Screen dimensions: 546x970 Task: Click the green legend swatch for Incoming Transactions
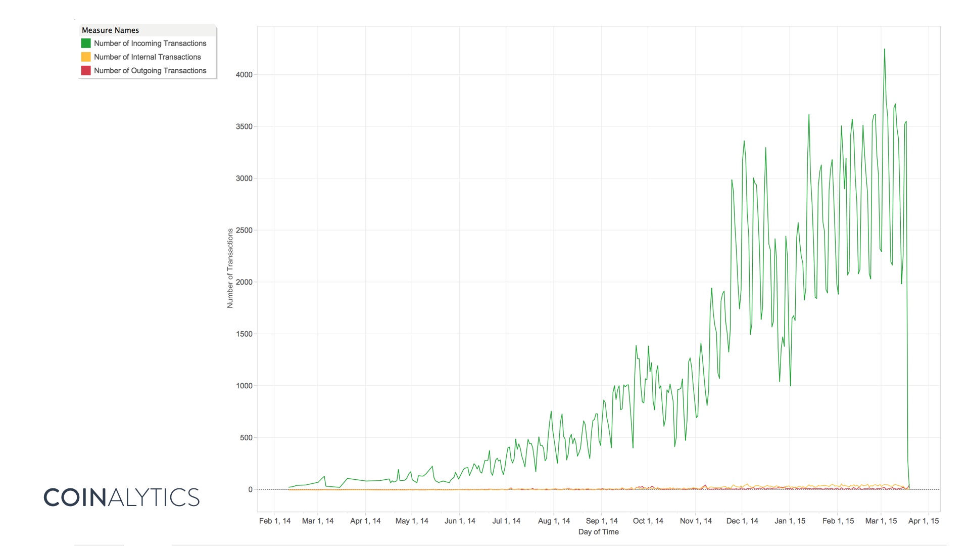[x=86, y=43]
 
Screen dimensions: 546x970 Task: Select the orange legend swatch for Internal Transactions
[x=86, y=57]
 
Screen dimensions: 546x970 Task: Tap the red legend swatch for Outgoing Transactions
[x=86, y=71]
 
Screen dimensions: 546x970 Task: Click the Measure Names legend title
[x=110, y=30]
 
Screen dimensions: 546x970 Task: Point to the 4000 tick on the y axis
[x=244, y=75]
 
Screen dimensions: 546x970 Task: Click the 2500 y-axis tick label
[x=244, y=231]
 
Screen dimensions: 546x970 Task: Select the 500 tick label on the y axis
[x=246, y=438]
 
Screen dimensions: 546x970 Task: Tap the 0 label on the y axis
[x=250, y=490]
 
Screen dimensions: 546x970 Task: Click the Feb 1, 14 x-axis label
[x=275, y=521]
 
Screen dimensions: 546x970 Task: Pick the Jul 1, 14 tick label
[x=506, y=521]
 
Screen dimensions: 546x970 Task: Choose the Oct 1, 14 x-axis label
[x=648, y=521]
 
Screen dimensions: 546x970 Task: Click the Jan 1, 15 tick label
[x=790, y=521]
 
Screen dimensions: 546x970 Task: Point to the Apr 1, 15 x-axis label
[x=924, y=521]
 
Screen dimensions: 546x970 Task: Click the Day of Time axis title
[x=598, y=532]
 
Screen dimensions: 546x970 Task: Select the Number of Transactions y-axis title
[x=230, y=268]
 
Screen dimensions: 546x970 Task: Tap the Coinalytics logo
[x=122, y=497]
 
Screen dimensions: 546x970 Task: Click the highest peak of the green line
[x=884, y=50]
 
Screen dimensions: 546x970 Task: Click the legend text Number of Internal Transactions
[x=147, y=57]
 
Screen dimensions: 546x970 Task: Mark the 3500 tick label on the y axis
[x=244, y=127]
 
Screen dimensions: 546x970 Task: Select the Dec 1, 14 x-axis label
[x=742, y=521]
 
